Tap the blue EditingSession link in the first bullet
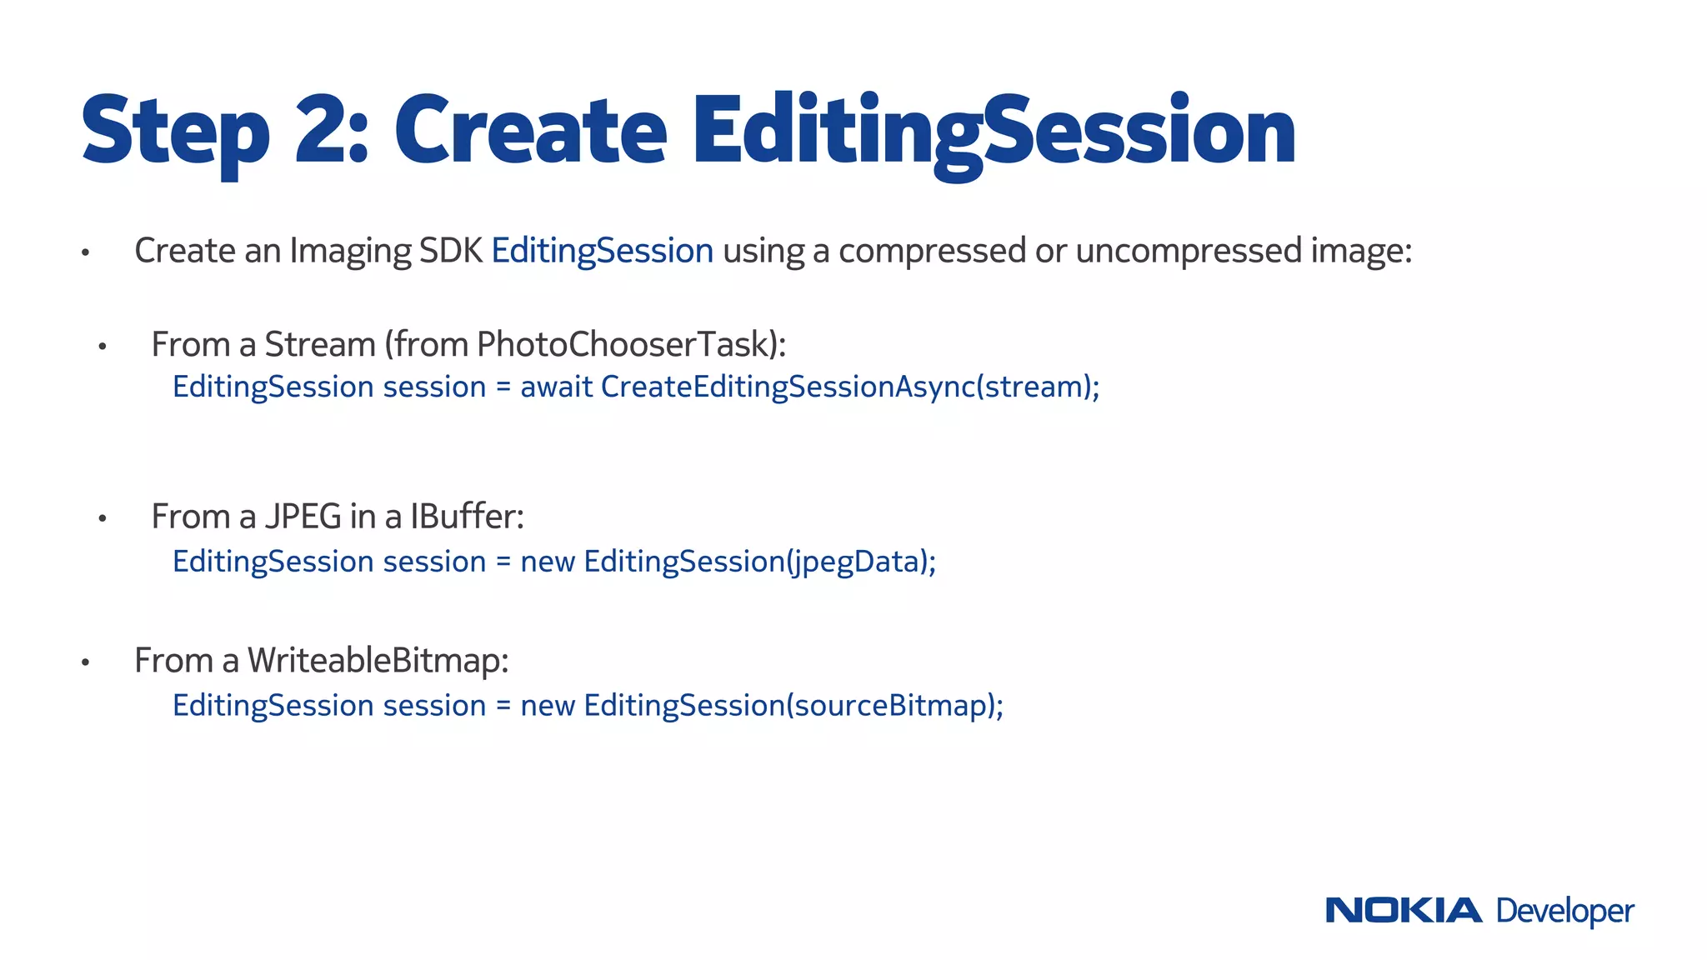(602, 251)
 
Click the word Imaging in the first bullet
(350, 251)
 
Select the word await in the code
(556, 387)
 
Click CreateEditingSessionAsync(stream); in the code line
(850, 387)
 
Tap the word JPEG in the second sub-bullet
(303, 517)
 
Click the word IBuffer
(466, 517)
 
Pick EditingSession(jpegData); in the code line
(759, 562)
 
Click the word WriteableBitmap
(378, 660)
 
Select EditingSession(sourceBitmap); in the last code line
(793, 705)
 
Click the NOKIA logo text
(1404, 910)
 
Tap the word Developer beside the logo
(1564, 912)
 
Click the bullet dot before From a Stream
(103, 347)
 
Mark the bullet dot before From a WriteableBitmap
(85, 663)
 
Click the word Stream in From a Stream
(320, 344)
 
